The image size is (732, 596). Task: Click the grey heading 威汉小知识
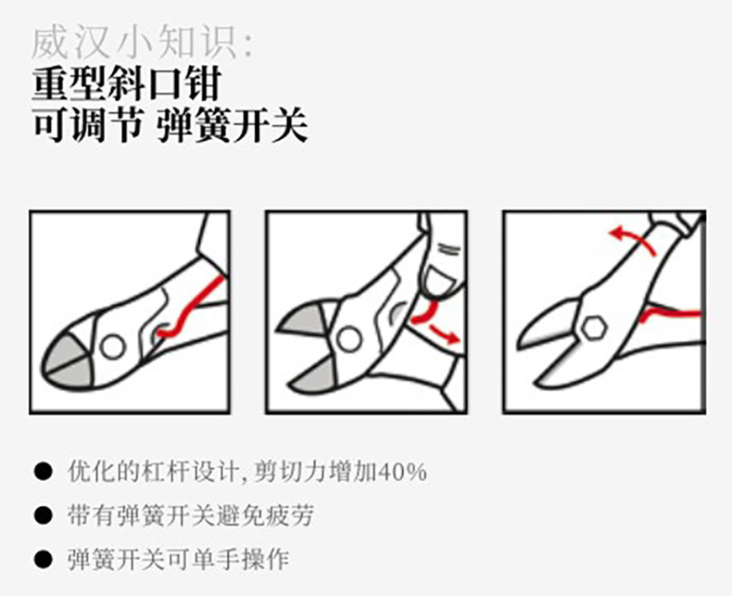pos(143,44)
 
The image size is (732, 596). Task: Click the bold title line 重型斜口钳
pos(127,84)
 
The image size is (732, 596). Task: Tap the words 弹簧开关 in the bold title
pos(232,125)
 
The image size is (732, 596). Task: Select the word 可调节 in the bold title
pos(87,125)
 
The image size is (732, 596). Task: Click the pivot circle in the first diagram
pos(112,347)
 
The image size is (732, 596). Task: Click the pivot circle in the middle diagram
pos(349,338)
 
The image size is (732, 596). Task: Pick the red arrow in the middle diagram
pos(443,333)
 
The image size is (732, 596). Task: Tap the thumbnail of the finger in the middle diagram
pos(440,283)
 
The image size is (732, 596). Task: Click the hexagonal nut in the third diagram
pos(593,328)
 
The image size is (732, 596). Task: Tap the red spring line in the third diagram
pos(671,313)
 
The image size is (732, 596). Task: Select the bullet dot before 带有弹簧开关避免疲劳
pos(43,515)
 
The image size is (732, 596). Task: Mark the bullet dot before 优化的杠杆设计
pos(43,472)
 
